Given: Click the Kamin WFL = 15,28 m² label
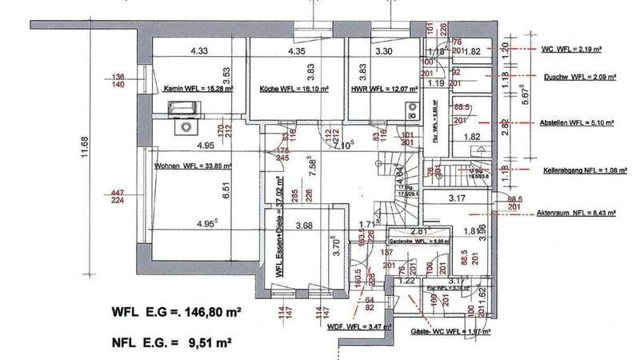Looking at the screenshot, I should [x=195, y=90].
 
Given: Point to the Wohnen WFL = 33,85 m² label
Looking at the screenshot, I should [x=192, y=167].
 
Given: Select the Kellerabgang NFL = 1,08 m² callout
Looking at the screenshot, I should [x=574, y=170].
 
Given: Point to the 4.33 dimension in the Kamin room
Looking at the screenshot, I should [x=199, y=52].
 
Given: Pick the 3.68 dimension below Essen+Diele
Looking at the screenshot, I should [x=304, y=226].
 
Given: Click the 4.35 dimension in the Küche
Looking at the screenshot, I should [x=296, y=52].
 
